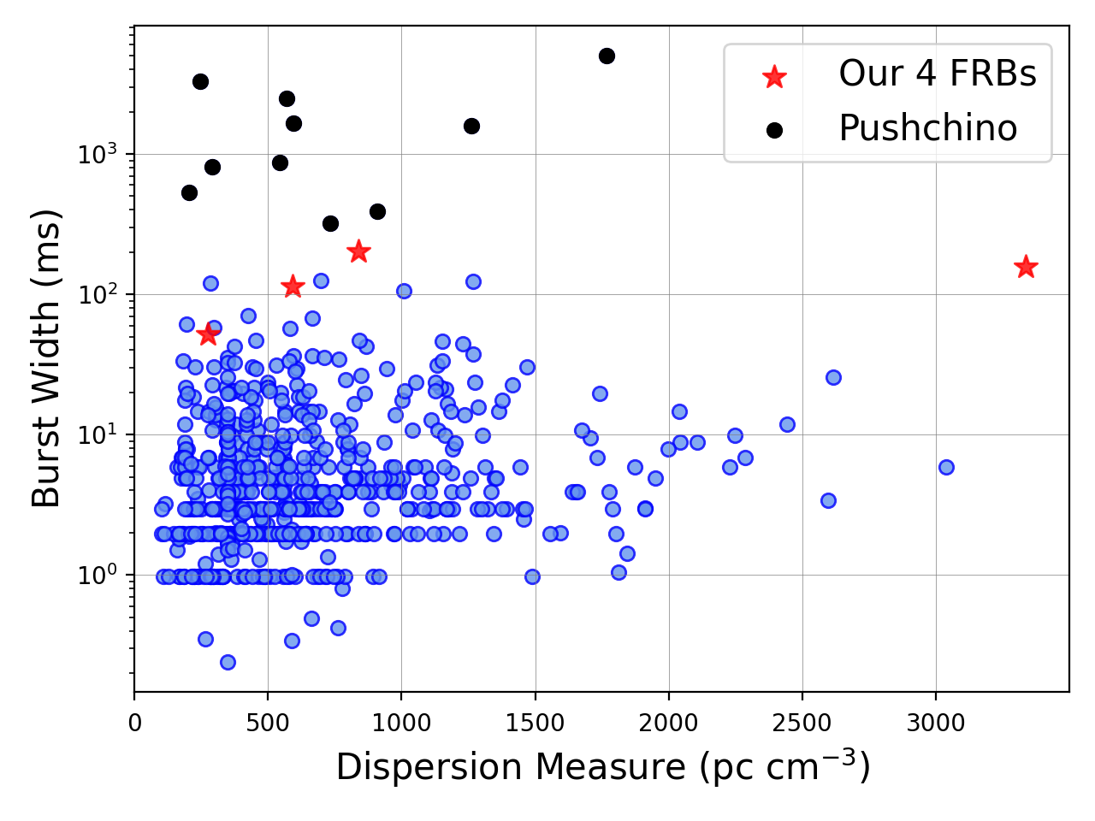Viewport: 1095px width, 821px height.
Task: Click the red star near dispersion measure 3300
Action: click(1026, 267)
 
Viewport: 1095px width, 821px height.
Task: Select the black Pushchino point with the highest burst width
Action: click(607, 56)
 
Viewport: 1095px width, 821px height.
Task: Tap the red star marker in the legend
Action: click(773, 77)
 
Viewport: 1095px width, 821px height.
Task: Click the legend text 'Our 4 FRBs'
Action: click(938, 74)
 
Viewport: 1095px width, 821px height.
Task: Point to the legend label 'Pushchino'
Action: click(928, 128)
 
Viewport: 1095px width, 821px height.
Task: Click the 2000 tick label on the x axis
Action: click(668, 724)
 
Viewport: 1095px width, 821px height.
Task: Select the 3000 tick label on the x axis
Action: click(936, 724)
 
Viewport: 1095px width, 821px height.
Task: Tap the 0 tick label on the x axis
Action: click(134, 724)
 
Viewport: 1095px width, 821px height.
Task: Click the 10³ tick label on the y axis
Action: click(98, 153)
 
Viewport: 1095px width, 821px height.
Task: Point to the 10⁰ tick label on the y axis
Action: click(98, 574)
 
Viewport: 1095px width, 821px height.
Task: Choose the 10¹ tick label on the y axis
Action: click(98, 434)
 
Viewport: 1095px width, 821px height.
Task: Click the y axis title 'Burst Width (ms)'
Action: click(45, 358)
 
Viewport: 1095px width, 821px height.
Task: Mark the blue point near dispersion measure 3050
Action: click(946, 468)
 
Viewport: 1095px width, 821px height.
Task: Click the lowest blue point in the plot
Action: click(228, 663)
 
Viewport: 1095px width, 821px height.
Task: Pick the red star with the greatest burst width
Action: click(358, 251)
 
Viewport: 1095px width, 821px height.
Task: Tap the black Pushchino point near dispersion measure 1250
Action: click(471, 126)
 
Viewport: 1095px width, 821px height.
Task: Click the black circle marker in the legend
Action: click(774, 131)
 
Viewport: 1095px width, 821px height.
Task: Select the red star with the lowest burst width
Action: click(208, 334)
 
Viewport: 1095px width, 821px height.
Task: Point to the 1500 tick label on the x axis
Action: click(536, 724)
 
